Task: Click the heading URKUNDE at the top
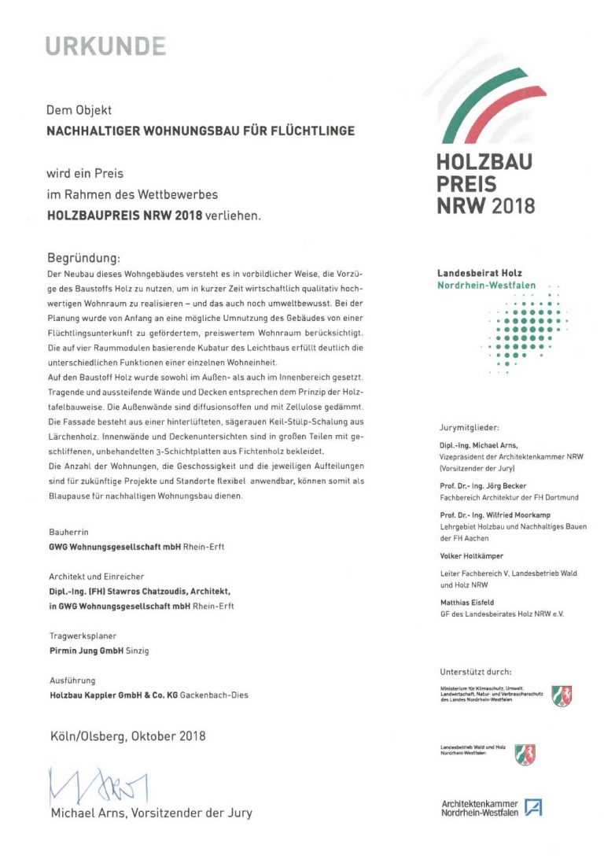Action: (105, 47)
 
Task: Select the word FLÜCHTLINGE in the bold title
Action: (311, 131)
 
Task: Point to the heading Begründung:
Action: (84, 257)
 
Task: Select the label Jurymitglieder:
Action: (470, 428)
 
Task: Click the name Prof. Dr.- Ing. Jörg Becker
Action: (483, 485)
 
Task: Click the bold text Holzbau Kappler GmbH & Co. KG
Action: (113, 695)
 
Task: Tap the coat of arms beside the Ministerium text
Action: (562, 696)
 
